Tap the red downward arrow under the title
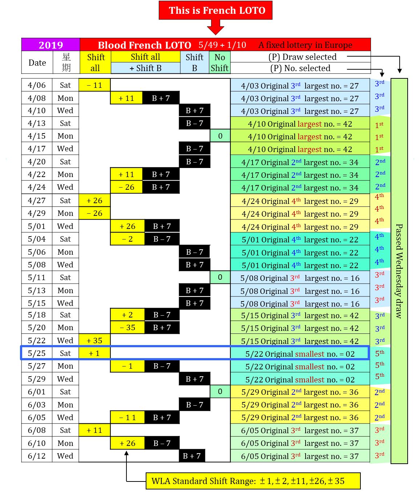(216, 27)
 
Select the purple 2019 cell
(51, 45)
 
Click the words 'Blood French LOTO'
(144, 45)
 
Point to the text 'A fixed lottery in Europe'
(305, 45)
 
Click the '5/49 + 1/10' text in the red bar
(222, 45)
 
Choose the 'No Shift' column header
(219, 62)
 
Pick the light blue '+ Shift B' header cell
(145, 68)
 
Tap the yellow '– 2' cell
(128, 239)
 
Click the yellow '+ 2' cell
(128, 315)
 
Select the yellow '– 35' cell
(128, 327)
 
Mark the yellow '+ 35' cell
(94, 340)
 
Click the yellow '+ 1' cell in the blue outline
(94, 353)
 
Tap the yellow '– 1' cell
(128, 366)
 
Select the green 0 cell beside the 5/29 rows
(220, 391)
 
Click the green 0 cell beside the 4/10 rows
(220, 136)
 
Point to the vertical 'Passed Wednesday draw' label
(399, 271)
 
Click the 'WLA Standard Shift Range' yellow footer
(253, 481)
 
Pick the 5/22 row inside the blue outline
(300, 354)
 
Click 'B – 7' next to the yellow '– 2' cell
(162, 239)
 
